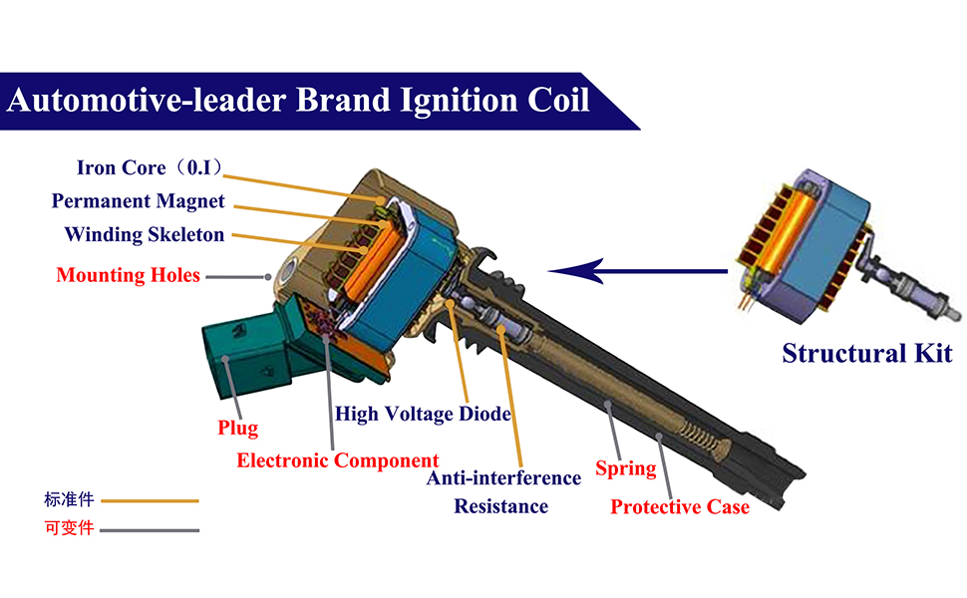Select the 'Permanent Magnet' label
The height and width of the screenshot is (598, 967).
point(139,201)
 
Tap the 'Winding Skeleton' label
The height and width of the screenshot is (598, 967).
point(145,235)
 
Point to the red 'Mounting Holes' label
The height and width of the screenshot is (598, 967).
point(129,275)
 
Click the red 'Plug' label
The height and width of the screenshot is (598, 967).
point(237,429)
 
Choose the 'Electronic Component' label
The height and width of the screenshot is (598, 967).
point(337,460)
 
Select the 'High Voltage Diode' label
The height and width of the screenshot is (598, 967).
point(423,413)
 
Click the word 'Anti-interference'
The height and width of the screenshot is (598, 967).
point(503,478)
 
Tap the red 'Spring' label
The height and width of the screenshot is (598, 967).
point(625,468)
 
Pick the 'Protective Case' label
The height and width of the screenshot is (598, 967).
point(679,507)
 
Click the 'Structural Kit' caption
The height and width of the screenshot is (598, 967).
point(866,354)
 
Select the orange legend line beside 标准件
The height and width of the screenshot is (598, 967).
point(150,501)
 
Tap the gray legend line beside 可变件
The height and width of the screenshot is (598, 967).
point(150,530)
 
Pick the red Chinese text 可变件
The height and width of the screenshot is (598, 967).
point(69,528)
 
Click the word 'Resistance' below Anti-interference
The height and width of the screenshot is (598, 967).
point(500,506)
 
